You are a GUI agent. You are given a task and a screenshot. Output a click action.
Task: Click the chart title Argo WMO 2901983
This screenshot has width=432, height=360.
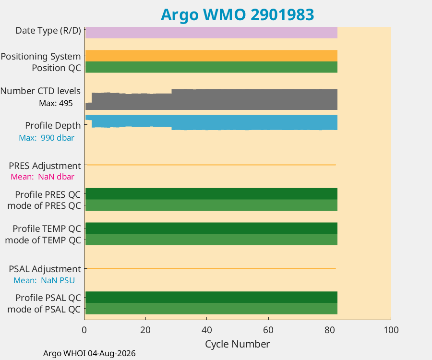pyautogui.click(x=237, y=15)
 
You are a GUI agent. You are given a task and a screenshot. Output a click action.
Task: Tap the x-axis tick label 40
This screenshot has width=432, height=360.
pyautogui.click(x=206, y=330)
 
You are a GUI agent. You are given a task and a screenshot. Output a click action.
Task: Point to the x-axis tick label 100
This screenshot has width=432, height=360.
pyautogui.click(x=391, y=330)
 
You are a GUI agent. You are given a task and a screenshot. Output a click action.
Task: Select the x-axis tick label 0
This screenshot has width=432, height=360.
pyautogui.click(x=84, y=330)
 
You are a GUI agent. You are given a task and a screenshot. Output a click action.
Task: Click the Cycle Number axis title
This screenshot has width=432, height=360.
pyautogui.click(x=237, y=344)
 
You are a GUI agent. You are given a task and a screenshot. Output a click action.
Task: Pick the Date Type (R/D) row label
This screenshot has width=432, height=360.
pyautogui.click(x=48, y=31)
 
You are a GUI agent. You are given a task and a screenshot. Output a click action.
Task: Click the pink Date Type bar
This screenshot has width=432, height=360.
pyautogui.click(x=211, y=33)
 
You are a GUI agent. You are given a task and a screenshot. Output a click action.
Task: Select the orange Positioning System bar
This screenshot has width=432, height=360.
pyautogui.click(x=211, y=56)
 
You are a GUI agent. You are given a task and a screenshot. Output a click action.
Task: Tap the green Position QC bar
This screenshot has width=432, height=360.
pyautogui.click(x=211, y=67)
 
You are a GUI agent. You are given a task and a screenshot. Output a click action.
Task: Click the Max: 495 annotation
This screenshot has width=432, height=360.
pyautogui.click(x=56, y=103)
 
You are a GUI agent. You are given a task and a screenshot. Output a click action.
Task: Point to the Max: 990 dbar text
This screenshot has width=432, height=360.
pyautogui.click(x=47, y=138)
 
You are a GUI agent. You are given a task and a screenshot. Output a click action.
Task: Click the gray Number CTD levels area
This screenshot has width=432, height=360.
pyautogui.click(x=211, y=100)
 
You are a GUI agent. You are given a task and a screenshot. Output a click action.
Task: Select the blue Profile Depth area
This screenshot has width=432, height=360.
pyautogui.click(x=211, y=121)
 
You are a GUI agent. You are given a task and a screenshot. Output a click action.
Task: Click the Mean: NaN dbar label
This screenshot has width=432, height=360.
pyautogui.click(x=42, y=177)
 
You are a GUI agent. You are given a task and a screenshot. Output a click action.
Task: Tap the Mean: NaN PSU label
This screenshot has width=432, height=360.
pyautogui.click(x=44, y=280)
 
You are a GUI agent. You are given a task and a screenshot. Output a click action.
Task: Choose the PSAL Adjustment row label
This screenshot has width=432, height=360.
pyautogui.click(x=45, y=269)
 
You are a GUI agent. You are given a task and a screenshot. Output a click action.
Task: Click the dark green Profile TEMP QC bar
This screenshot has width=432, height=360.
pyautogui.click(x=211, y=228)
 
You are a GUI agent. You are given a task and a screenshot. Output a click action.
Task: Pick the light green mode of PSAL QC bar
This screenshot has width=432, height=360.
pyautogui.click(x=211, y=309)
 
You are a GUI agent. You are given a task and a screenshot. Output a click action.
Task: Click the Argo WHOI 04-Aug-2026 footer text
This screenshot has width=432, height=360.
pyautogui.click(x=89, y=353)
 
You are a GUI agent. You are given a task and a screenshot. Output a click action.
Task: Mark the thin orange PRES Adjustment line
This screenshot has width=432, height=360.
pyautogui.click(x=211, y=165)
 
